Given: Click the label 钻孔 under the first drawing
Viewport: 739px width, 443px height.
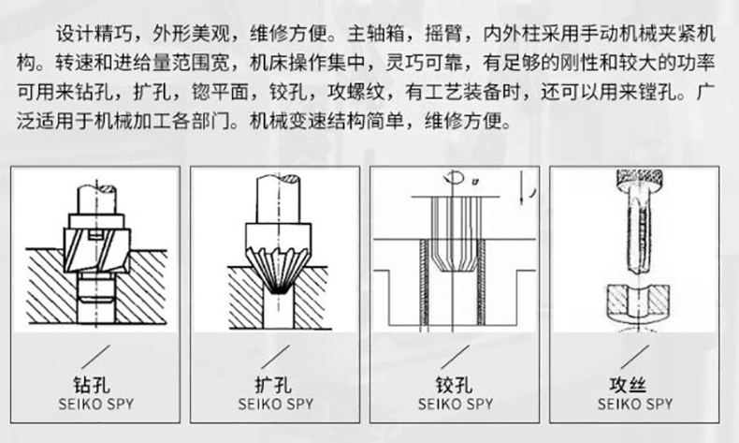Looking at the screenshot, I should (x=97, y=386).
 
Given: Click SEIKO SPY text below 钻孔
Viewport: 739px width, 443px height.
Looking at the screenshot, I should (x=97, y=405).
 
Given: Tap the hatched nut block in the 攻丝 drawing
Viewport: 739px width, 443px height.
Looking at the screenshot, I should (x=636, y=302).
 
